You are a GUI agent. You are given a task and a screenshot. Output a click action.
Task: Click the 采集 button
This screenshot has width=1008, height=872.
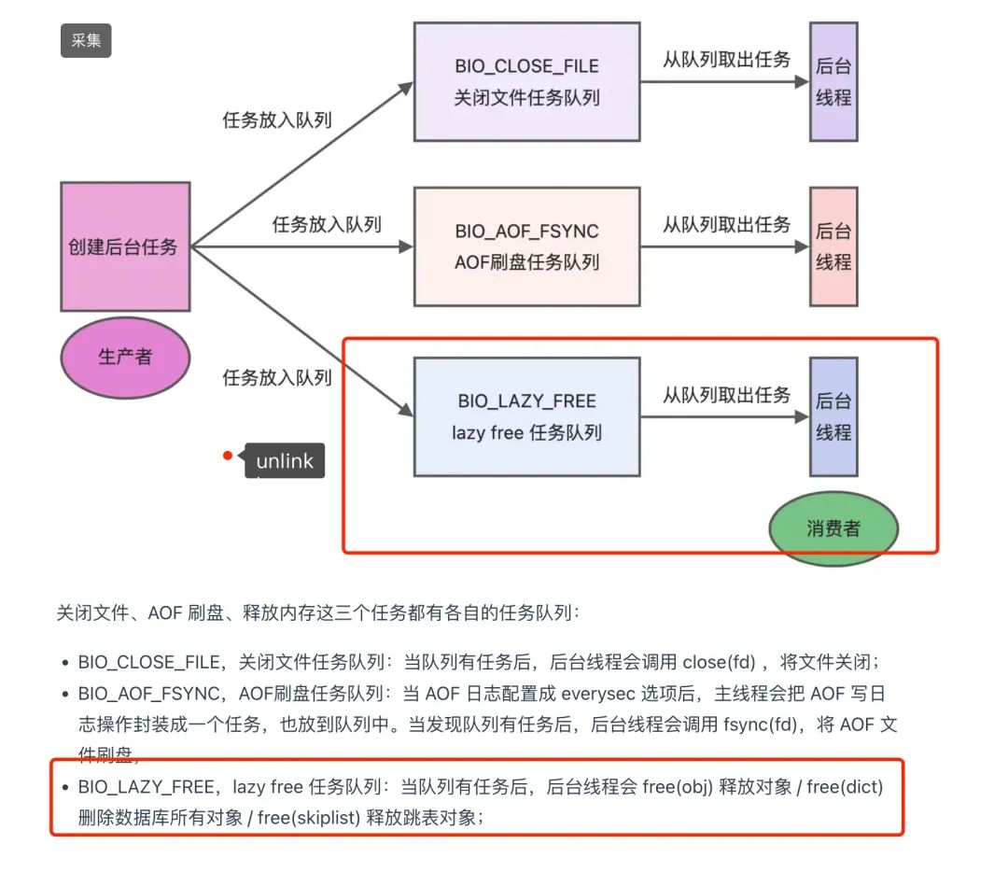point(86,41)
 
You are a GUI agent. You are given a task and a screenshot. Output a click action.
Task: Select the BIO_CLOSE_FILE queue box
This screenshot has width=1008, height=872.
point(526,81)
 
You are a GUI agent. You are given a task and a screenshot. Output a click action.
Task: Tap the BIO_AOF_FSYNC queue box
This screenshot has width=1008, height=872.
point(526,246)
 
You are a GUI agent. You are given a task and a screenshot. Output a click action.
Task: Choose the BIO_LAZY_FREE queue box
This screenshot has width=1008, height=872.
point(526,416)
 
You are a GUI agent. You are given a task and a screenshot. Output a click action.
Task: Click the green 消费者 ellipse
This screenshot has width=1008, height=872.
point(833,528)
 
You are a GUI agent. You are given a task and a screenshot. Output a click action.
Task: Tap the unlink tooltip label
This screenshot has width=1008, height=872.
point(285,461)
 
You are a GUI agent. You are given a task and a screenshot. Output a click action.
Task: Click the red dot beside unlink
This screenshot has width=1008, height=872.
point(228,457)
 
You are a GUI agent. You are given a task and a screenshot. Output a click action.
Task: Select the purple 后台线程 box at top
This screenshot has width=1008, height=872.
point(833,81)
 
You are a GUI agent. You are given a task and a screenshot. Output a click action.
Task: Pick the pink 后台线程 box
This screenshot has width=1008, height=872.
point(833,246)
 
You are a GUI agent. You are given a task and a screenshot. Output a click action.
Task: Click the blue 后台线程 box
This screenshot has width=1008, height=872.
point(833,416)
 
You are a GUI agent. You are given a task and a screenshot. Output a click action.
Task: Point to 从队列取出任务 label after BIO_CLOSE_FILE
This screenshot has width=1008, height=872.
point(726,60)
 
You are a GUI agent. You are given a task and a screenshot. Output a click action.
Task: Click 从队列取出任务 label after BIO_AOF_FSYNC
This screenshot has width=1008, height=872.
point(726,224)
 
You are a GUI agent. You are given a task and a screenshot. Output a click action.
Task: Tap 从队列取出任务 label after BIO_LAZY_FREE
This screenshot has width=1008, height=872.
point(726,394)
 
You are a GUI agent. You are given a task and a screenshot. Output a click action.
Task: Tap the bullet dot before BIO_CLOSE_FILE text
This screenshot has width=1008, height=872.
point(65,663)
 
